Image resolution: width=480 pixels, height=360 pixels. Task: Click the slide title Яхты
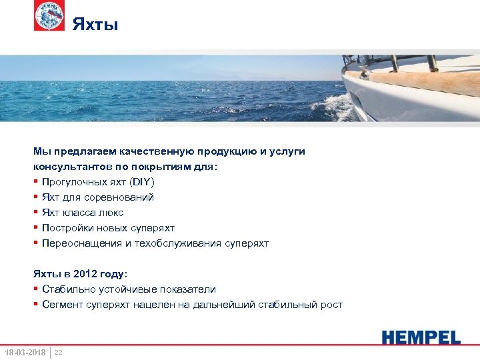(95, 25)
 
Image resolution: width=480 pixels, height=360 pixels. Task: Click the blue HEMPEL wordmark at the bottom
(421, 337)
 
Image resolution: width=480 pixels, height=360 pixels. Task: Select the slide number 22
(59, 351)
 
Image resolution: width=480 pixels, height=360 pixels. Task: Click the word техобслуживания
(165, 243)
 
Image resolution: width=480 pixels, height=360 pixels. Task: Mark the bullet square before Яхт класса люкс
(35, 213)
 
